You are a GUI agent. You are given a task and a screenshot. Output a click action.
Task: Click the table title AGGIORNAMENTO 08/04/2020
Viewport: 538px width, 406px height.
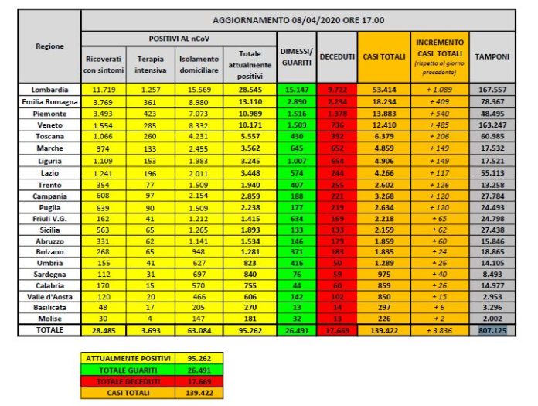point(298,20)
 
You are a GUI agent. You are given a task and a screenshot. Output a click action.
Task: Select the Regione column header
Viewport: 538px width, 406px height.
point(50,46)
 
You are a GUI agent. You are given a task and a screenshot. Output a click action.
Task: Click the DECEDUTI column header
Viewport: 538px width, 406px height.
point(336,56)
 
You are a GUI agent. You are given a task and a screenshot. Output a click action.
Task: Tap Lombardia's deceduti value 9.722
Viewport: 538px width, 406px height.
point(336,90)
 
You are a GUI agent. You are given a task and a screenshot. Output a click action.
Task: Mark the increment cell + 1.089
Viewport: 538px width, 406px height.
point(439,90)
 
